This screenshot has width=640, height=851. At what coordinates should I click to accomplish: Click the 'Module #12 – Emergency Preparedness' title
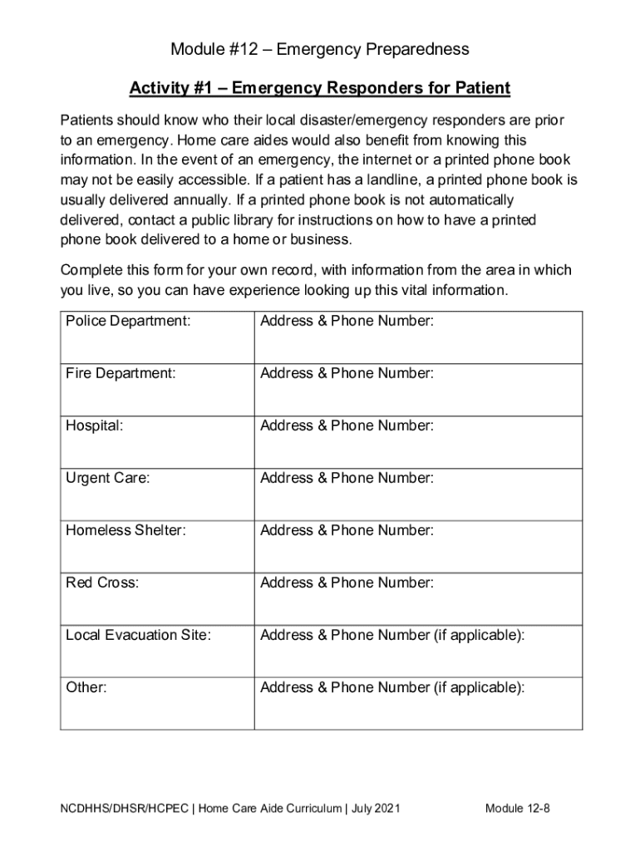pyautogui.click(x=319, y=50)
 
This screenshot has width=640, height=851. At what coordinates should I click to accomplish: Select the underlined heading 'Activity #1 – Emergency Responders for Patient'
pyautogui.click(x=319, y=88)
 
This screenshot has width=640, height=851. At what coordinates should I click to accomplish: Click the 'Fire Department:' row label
pyautogui.click(x=121, y=374)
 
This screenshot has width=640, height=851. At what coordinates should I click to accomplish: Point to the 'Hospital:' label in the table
pyautogui.click(x=95, y=425)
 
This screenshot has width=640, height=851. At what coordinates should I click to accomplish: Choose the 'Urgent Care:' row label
pyautogui.click(x=108, y=478)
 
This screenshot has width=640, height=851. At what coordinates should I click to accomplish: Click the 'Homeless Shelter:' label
pyautogui.click(x=126, y=530)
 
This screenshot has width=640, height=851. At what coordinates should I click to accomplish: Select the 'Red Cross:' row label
pyautogui.click(x=102, y=583)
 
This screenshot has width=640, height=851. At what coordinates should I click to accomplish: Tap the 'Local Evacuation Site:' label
pyautogui.click(x=138, y=636)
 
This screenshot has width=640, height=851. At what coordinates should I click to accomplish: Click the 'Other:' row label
pyautogui.click(x=86, y=688)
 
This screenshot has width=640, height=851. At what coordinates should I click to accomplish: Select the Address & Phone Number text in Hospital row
pyautogui.click(x=347, y=425)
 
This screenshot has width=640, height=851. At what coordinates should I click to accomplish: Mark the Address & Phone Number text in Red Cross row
pyautogui.click(x=347, y=583)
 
